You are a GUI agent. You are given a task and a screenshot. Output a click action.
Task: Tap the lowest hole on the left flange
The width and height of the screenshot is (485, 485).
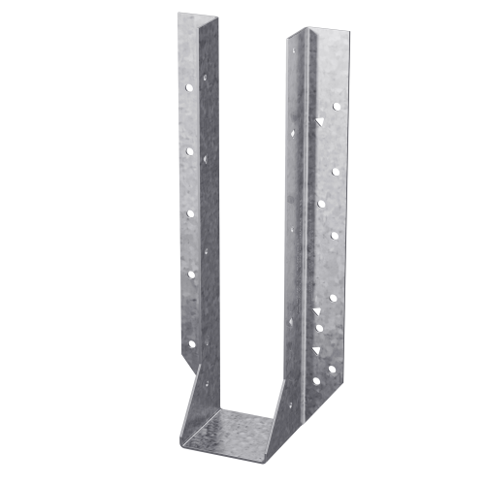192,342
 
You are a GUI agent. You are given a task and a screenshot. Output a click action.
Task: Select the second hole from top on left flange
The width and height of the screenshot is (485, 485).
191,150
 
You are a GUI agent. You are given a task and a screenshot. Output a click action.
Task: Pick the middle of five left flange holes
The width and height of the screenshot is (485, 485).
191,213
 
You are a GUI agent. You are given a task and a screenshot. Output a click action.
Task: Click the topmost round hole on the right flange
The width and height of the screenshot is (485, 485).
337,105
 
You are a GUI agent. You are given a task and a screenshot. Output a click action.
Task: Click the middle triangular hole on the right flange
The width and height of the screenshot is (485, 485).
319,329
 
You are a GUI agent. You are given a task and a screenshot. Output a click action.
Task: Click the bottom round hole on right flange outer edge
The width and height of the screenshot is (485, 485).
332,369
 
